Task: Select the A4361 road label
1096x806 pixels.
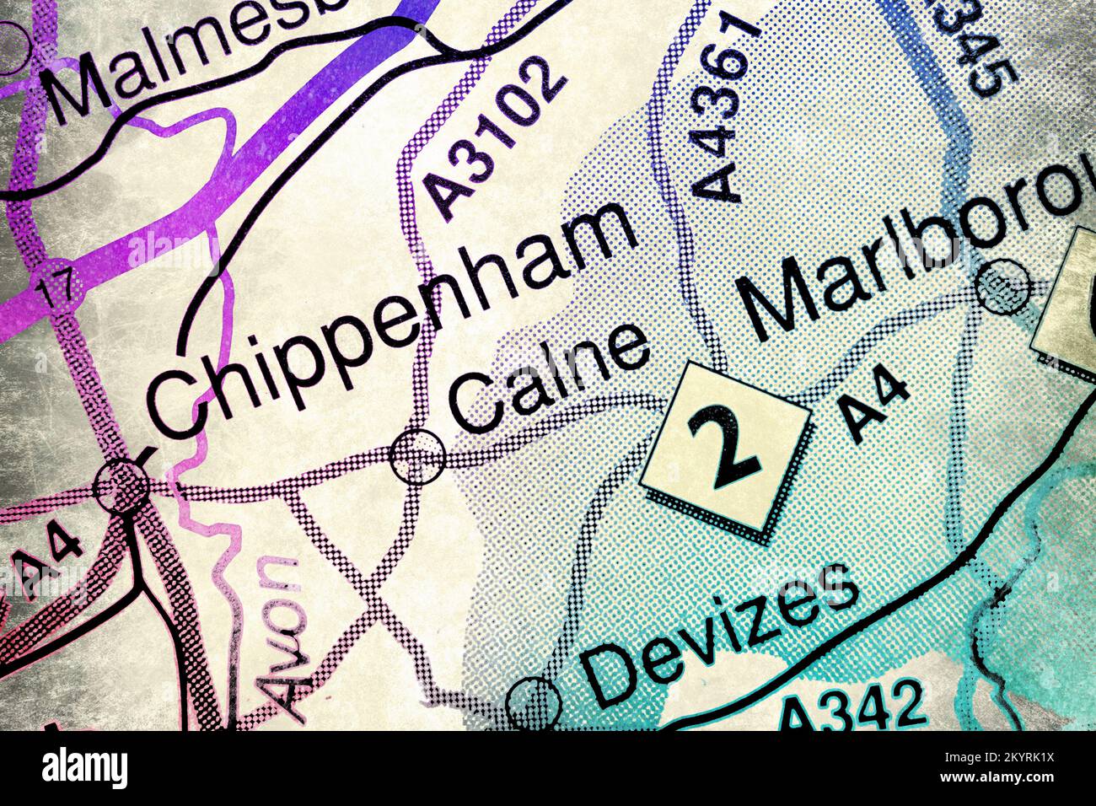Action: tap(722, 110)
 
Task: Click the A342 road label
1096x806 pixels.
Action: tap(851, 708)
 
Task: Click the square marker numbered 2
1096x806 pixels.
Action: tap(726, 447)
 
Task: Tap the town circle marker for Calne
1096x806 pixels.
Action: tap(417, 456)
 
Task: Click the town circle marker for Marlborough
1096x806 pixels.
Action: tap(1003, 286)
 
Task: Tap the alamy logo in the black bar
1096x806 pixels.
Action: tap(85, 768)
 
